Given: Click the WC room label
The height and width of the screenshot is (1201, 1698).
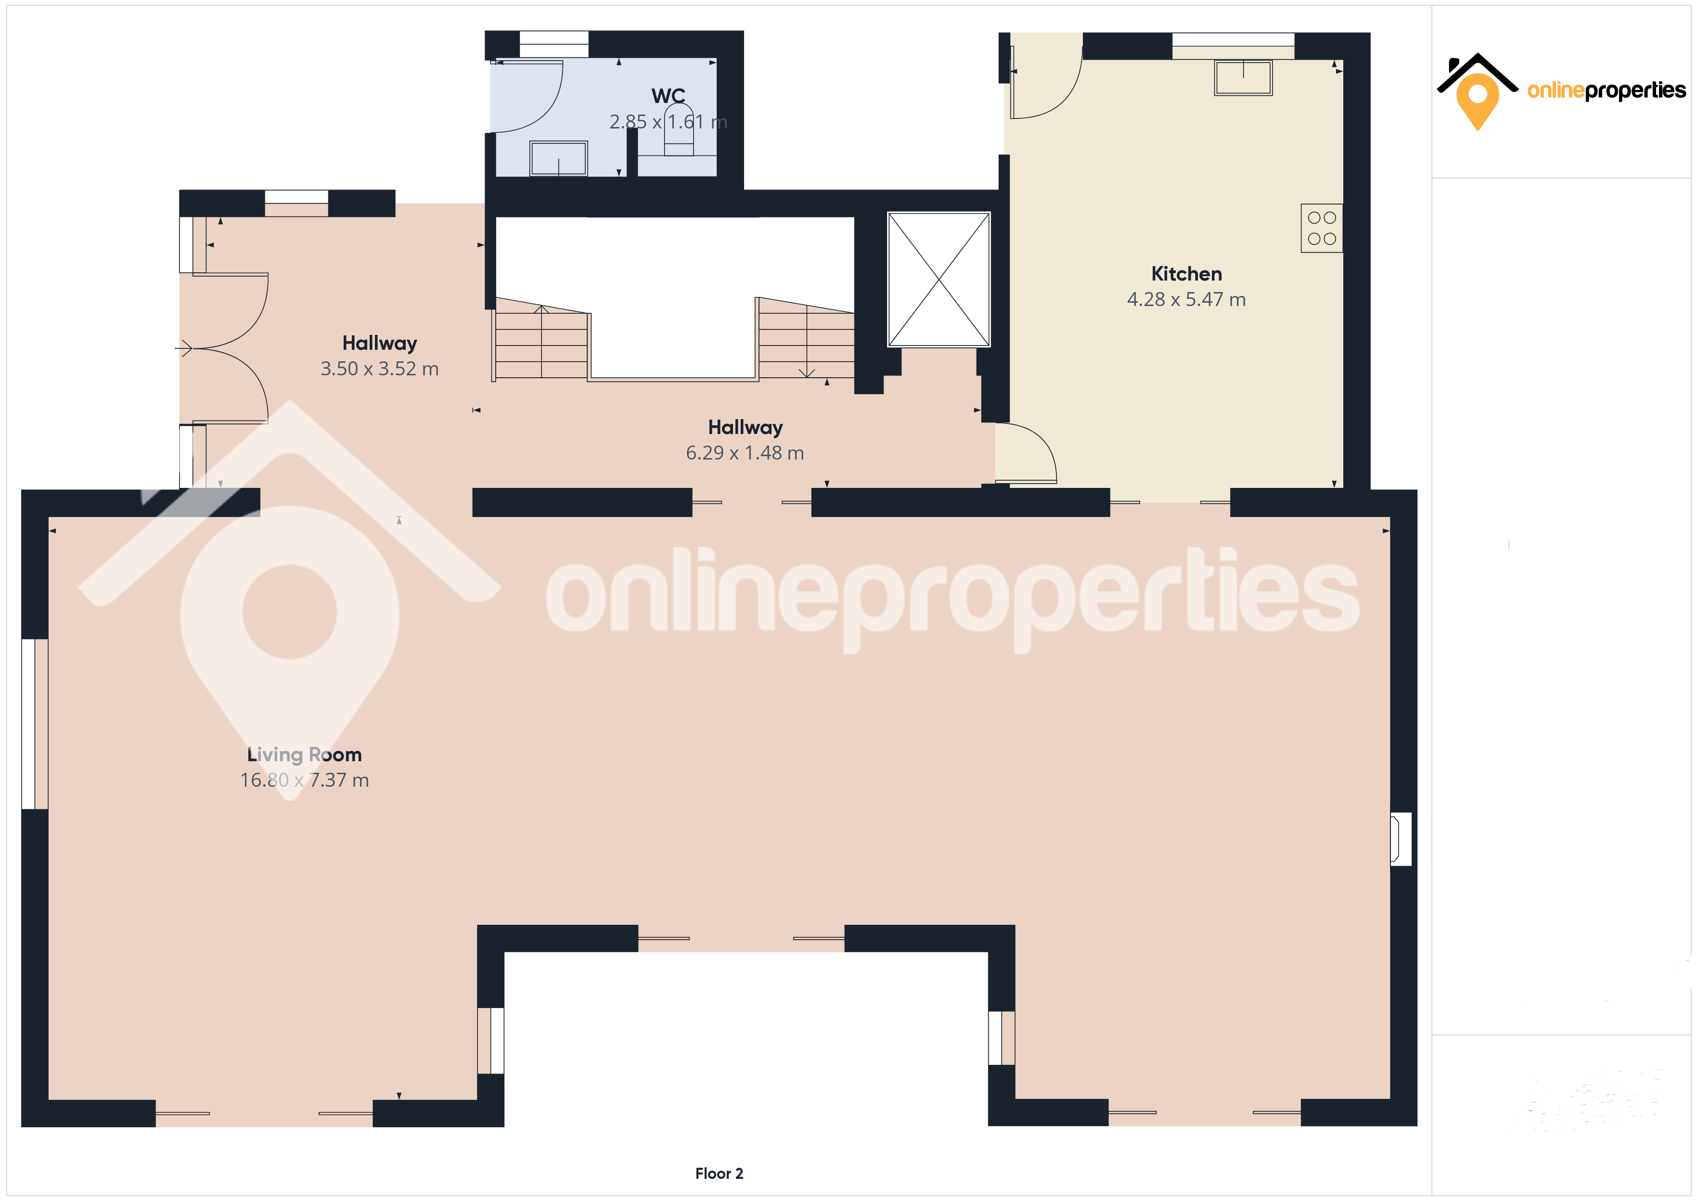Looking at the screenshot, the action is (x=668, y=96).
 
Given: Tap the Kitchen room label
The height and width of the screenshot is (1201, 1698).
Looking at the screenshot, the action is (x=1186, y=274).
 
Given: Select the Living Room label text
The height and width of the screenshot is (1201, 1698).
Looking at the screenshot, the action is (x=304, y=755).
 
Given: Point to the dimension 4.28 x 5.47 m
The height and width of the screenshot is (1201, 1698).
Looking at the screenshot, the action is (x=1186, y=299).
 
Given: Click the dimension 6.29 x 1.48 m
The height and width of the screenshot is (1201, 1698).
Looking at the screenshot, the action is (x=745, y=453).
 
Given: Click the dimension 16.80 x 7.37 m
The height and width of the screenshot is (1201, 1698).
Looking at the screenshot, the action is (x=304, y=780).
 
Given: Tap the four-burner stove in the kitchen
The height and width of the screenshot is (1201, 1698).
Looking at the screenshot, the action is (x=1322, y=228).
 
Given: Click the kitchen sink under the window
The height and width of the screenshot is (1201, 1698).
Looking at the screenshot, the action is (x=1243, y=77).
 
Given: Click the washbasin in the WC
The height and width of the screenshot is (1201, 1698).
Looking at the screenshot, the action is (x=558, y=158).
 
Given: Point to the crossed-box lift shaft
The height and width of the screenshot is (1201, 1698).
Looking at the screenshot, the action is (x=939, y=280).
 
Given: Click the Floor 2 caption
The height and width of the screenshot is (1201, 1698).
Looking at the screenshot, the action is (x=719, y=1174).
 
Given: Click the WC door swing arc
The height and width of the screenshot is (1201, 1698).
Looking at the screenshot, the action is (x=549, y=107).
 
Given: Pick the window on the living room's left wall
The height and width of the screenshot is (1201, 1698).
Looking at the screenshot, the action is (x=35, y=724).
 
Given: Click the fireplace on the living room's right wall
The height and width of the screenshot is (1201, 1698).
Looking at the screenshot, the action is (x=1401, y=839).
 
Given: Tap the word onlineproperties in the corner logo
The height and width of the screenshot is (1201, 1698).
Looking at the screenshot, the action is (x=1606, y=91).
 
